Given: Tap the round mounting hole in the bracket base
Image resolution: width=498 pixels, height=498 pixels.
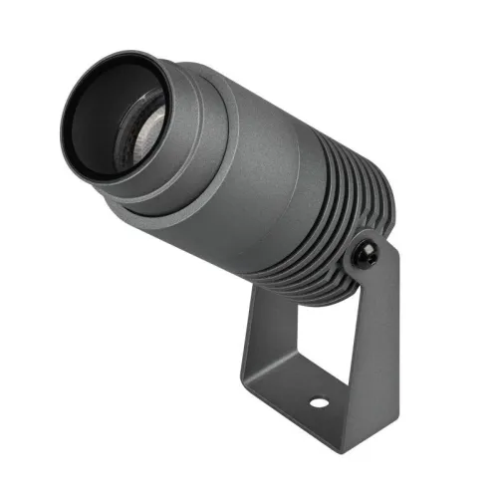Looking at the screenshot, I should coord(319,405).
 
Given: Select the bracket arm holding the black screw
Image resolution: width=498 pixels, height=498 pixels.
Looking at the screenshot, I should coord(384,329).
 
